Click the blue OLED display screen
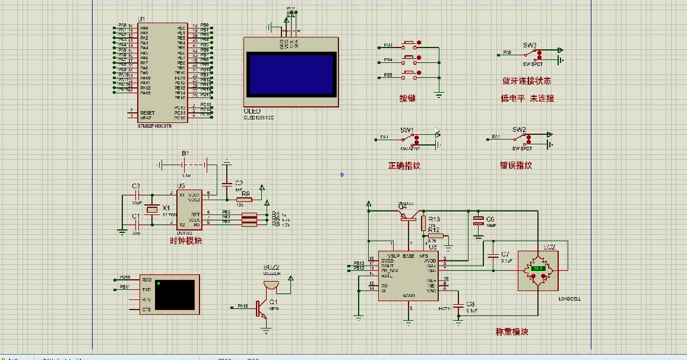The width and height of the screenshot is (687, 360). [290, 73]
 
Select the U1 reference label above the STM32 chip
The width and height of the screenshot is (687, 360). [141, 20]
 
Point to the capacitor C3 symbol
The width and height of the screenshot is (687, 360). [136, 194]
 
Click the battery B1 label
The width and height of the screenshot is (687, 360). [185, 153]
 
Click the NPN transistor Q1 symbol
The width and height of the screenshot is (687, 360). [261, 308]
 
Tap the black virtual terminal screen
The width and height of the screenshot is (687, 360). [175, 295]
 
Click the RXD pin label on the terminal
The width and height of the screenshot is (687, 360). [147, 279]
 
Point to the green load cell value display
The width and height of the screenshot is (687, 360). [539, 269]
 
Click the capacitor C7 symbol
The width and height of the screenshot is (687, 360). [492, 257]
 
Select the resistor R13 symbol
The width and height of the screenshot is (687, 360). [423, 223]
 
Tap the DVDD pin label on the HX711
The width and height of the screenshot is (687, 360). [387, 260]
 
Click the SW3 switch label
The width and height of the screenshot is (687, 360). [530, 45]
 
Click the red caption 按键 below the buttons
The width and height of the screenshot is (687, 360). [407, 98]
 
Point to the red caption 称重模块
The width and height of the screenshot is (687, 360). [512, 331]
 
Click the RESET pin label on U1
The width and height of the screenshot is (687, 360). [147, 113]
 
